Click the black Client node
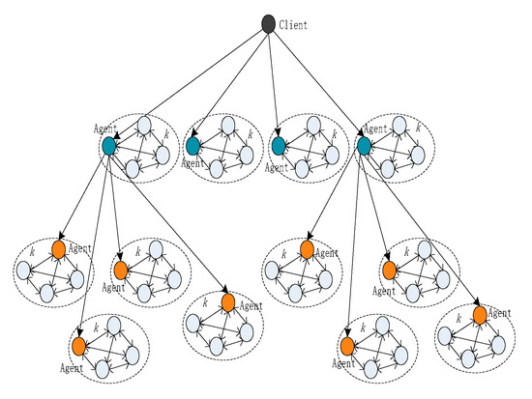pos(268,24)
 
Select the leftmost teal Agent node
pos(109,146)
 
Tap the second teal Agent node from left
pos(192,146)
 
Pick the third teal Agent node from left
pos(279,146)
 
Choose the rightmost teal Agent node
pos(364,146)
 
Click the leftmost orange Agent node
pos(58,249)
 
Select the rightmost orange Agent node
pos(479,314)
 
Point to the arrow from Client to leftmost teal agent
pos(189,85)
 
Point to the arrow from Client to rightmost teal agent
pos(315,85)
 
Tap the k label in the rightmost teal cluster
pos(418,127)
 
